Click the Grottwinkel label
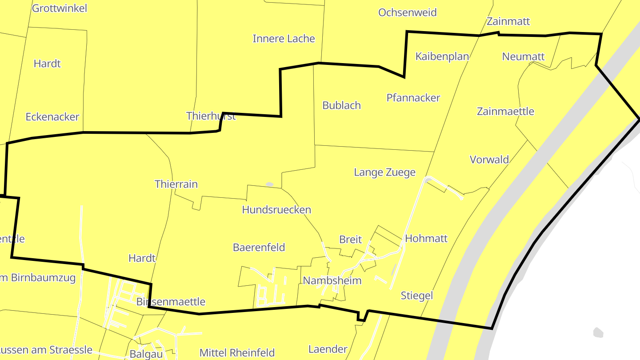click(60, 8)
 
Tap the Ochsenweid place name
click(407, 12)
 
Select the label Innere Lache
click(284, 39)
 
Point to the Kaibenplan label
click(442, 56)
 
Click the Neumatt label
click(523, 56)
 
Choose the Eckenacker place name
click(52, 117)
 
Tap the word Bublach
click(341, 105)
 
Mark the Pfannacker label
click(413, 98)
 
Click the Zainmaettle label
click(505, 111)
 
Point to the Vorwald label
click(489, 160)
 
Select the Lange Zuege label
click(384, 172)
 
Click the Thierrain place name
click(176, 184)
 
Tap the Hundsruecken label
click(276, 210)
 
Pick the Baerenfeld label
click(259, 248)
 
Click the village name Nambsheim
click(332, 280)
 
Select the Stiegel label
click(416, 296)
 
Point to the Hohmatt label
click(426, 239)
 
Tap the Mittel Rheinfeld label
click(237, 353)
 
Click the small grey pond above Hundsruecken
click(269, 184)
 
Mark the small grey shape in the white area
click(598, 332)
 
